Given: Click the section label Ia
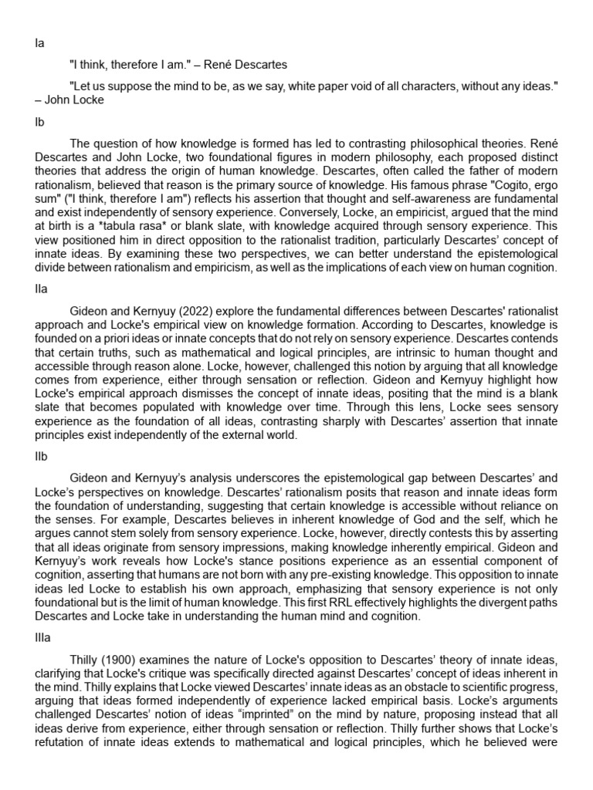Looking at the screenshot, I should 40,44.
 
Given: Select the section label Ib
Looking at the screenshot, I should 40,123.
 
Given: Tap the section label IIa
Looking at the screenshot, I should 42,289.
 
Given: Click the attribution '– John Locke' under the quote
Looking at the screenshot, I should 69,100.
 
